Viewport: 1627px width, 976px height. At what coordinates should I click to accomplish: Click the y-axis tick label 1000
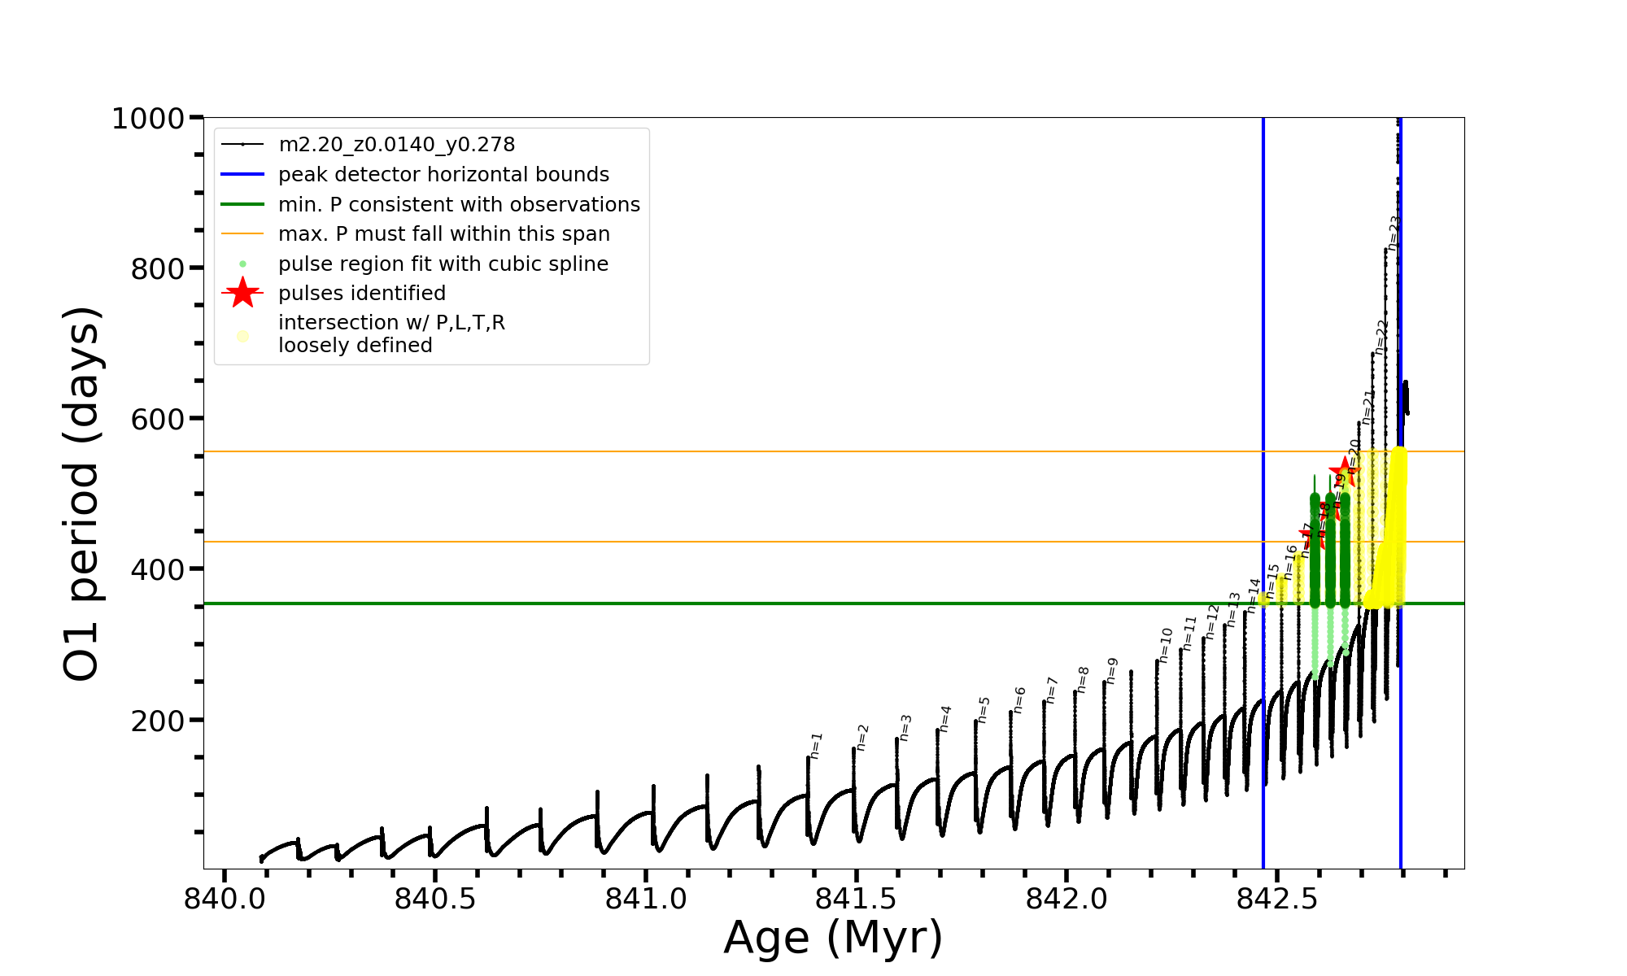tap(148, 119)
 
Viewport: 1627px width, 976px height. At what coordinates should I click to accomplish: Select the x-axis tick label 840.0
tap(225, 899)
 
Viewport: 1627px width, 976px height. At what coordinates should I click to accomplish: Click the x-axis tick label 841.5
tap(856, 899)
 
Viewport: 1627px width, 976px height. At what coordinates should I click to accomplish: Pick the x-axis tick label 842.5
tap(1276, 899)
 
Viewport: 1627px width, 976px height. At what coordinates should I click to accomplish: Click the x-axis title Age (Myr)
tap(833, 938)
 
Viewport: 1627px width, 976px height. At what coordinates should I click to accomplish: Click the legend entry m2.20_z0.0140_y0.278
tap(396, 145)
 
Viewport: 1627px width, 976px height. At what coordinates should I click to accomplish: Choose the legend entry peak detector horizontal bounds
tap(443, 175)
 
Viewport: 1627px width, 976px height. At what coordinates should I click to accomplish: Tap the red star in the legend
tap(242, 293)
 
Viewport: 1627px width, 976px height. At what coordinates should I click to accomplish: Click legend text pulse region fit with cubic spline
tap(443, 264)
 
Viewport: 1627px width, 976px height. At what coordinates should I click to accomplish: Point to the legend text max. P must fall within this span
tap(443, 234)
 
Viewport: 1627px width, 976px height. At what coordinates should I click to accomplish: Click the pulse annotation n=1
tap(817, 745)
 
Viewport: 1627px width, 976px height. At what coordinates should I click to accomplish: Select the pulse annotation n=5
tap(984, 709)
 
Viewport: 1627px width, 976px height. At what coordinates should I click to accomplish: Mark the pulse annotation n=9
tap(1112, 670)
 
